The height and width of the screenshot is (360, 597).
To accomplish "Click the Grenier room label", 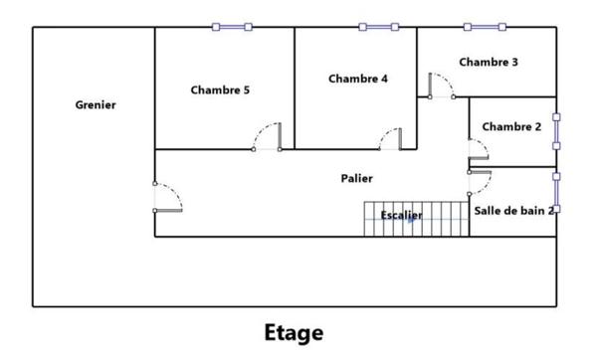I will tap(96, 104).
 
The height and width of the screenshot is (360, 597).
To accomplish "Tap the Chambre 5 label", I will tap(220, 90).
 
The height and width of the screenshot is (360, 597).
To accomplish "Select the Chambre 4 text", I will tap(358, 79).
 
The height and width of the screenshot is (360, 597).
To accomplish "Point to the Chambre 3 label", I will tap(489, 62).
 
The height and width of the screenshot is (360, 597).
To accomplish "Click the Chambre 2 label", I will tap(511, 126).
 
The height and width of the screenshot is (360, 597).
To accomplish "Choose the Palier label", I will tap(356, 179).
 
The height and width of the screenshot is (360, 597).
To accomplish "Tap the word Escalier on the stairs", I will tap(401, 215).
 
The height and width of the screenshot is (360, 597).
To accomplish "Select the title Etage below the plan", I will tap(294, 331).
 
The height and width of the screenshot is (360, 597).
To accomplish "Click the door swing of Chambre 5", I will tap(268, 135).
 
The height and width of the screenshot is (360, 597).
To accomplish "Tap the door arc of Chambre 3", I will tap(440, 85).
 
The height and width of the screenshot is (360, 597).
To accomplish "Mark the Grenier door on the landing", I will tap(167, 197).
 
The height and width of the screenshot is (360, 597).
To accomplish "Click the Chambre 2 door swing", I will tap(479, 152).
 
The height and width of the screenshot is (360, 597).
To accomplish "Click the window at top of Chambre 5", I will tap(232, 27).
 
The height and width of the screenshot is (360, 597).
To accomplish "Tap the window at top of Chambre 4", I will tap(378, 27).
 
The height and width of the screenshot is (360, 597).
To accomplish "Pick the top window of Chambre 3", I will tap(484, 27).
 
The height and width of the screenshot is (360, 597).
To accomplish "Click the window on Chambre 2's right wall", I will tap(556, 131).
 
